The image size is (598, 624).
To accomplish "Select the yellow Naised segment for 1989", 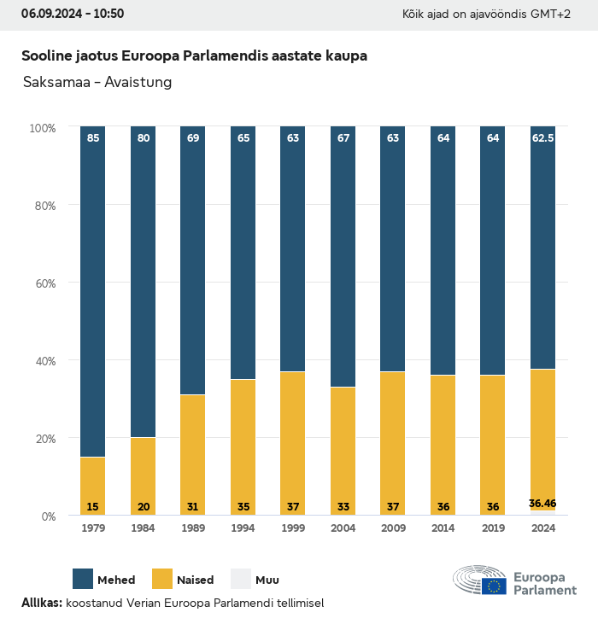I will click(193, 455).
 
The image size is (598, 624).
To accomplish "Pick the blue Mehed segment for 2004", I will click(343, 257).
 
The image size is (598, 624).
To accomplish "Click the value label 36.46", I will click(543, 504).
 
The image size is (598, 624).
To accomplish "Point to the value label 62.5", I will click(543, 137).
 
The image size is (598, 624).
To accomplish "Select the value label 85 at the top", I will click(92, 137).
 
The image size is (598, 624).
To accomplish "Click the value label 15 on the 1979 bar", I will click(92, 507).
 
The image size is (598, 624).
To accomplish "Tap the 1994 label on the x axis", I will click(243, 528).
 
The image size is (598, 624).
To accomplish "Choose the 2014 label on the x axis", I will click(443, 528).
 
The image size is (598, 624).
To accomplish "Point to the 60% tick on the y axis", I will click(43, 283).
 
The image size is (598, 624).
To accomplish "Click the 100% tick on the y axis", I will click(42, 127).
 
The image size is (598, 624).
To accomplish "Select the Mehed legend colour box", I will click(83, 579).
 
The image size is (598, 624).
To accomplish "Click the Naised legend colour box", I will click(162, 579).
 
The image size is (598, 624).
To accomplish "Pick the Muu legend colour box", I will click(241, 579).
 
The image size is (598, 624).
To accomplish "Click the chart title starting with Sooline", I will click(194, 55).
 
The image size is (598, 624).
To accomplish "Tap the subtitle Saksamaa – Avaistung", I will click(97, 82).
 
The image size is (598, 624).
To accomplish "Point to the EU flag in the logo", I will click(494, 586).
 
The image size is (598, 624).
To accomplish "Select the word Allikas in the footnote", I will click(41, 603).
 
